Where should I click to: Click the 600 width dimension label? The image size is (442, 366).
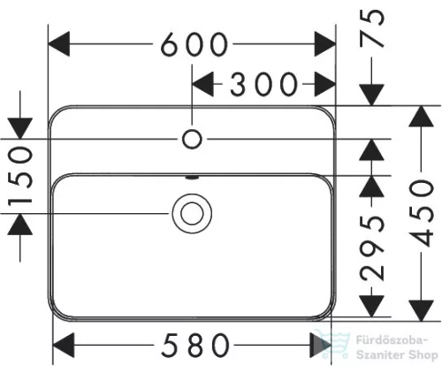point(194,44)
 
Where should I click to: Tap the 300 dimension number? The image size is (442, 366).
point(263,84)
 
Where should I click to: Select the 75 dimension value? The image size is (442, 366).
point(372,28)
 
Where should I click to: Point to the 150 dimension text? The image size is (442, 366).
point(20,177)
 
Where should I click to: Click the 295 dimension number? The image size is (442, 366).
point(372,247)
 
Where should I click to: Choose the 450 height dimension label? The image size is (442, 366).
point(422,213)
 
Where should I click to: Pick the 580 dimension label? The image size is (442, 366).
point(195,345)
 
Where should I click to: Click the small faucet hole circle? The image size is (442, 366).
point(192,139)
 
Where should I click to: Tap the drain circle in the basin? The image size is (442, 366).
point(192,214)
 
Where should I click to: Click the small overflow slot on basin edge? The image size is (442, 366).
point(192,178)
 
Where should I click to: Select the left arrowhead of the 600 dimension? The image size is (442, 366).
point(59,43)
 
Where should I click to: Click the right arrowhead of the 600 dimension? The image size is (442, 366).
point(325,44)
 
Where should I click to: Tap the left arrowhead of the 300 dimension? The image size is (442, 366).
point(202,84)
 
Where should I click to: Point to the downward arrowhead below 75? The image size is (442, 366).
point(372,95)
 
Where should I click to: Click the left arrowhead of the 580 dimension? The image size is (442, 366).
point(64,345)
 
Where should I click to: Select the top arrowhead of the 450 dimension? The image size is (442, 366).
point(422,116)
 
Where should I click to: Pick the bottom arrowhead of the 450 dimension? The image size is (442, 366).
point(422,310)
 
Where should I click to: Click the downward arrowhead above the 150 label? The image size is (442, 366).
point(20,128)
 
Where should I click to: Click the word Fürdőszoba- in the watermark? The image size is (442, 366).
point(392,340)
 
